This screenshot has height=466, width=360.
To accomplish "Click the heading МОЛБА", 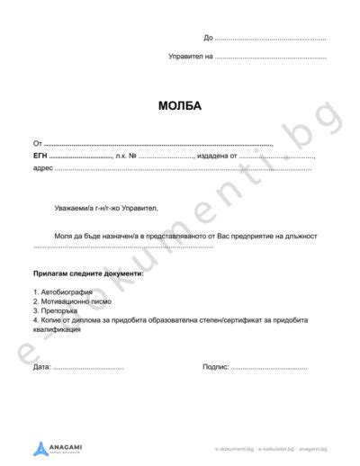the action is coord(179,106).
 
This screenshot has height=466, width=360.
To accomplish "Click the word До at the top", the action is coord(209,38).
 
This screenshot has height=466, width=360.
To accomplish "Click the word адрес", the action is coord(42,168).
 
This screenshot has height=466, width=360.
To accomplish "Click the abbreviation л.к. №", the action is coord(125,156).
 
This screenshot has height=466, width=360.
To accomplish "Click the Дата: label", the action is coord(41,368).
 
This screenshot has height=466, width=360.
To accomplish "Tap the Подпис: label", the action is coord(217,368).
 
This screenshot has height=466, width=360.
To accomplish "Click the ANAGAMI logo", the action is coord(60,446).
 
